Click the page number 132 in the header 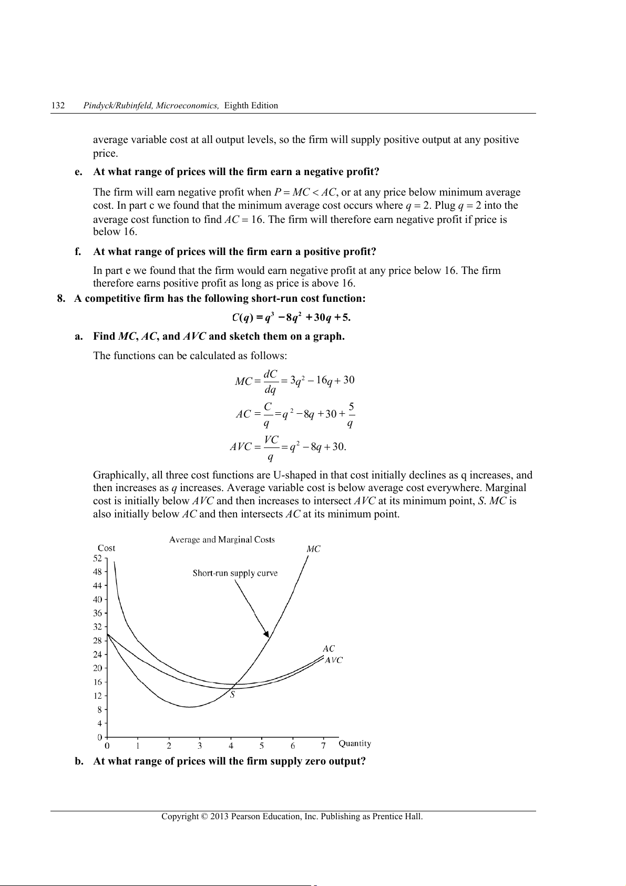(x=58, y=106)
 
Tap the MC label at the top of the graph (x=313, y=549)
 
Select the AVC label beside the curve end (x=334, y=660)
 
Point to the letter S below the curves (x=232, y=695)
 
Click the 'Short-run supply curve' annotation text (x=235, y=573)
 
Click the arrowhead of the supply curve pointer (x=266, y=634)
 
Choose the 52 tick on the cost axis (x=98, y=558)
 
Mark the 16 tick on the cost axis (x=98, y=682)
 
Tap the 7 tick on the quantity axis (x=324, y=746)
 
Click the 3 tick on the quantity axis (x=200, y=746)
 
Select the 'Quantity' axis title (x=355, y=744)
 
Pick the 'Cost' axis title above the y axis (x=106, y=548)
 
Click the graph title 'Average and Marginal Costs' (x=222, y=539)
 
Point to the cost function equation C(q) (x=291, y=317)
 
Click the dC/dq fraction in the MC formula (x=270, y=381)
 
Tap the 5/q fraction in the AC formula (x=351, y=414)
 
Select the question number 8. (x=61, y=299)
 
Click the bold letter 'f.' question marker (x=78, y=252)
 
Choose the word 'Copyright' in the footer (x=180, y=817)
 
